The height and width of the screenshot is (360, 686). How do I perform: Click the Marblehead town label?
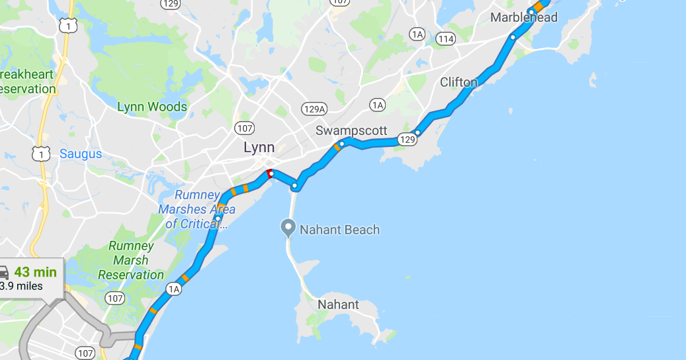tap(523, 18)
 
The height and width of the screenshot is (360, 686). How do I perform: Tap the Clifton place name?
tap(458, 82)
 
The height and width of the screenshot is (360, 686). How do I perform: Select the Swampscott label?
tap(351, 130)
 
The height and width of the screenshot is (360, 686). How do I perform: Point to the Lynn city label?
tap(259, 148)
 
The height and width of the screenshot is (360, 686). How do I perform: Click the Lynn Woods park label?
tap(152, 107)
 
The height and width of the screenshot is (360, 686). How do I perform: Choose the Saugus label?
tap(81, 154)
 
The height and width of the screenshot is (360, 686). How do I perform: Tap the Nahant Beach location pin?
tap(288, 228)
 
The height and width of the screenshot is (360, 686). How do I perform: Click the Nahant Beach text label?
tap(340, 230)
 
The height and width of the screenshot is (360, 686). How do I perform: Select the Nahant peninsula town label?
tap(338, 305)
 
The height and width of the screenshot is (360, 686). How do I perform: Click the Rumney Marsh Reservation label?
tap(131, 260)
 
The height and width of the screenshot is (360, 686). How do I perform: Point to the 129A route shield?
tap(314, 109)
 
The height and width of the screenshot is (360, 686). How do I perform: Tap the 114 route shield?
tap(446, 39)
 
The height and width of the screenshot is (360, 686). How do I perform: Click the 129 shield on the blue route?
tap(407, 140)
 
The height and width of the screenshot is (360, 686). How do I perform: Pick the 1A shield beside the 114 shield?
tap(417, 34)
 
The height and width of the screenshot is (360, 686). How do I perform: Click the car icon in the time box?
tap(3, 273)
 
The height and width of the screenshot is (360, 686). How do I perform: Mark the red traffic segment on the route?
tap(269, 173)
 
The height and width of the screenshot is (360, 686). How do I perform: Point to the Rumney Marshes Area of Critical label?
tap(196, 209)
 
